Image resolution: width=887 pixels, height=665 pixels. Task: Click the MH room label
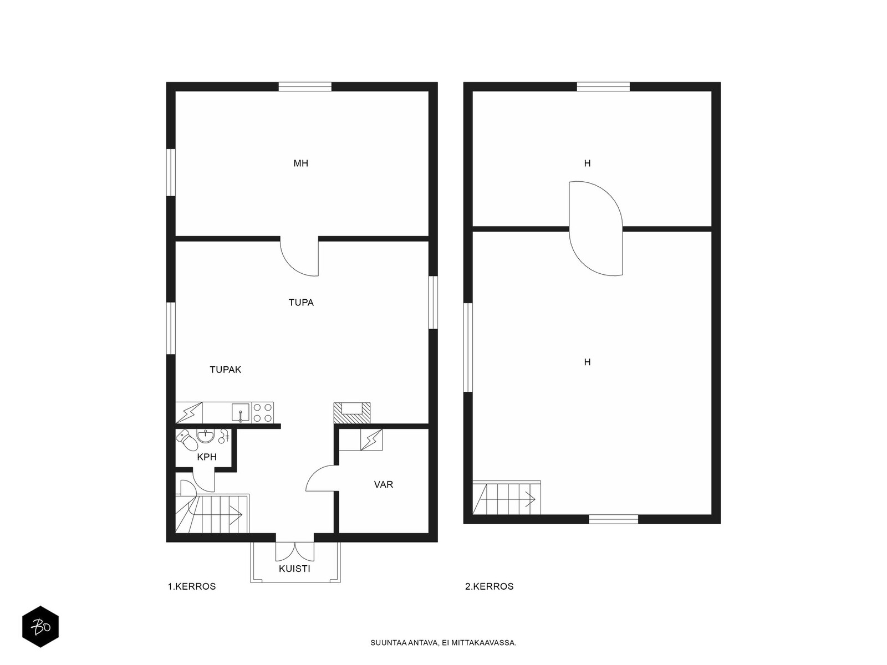pyautogui.click(x=300, y=163)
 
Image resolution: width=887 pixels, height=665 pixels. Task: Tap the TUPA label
pyautogui.click(x=301, y=303)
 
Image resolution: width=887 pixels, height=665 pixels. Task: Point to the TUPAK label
pyautogui.click(x=226, y=370)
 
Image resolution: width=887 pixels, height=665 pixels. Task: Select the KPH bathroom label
pyautogui.click(x=207, y=457)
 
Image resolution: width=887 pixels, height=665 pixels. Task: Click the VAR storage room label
pyautogui.click(x=384, y=484)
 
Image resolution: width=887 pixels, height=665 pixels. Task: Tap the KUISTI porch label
pyautogui.click(x=294, y=569)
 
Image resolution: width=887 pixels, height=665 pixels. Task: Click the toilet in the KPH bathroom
pyautogui.click(x=187, y=439)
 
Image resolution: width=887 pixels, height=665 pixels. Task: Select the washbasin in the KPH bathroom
pyautogui.click(x=206, y=436)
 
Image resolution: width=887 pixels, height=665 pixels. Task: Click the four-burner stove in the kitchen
pyautogui.click(x=262, y=413)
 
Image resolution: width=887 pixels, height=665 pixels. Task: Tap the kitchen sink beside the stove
pyautogui.click(x=241, y=413)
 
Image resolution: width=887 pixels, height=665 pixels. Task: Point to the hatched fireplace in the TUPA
pyautogui.click(x=352, y=413)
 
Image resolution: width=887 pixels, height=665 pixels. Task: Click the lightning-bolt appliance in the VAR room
pyautogui.click(x=371, y=439)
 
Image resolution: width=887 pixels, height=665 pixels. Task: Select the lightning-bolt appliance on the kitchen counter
pyautogui.click(x=188, y=413)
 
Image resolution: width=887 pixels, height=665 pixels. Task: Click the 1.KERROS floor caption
pyautogui.click(x=192, y=586)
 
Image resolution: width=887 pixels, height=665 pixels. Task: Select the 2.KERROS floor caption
pyautogui.click(x=490, y=586)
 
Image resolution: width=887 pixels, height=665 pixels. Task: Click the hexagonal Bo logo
pyautogui.click(x=40, y=627)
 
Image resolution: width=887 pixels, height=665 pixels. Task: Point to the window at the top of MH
pyautogui.click(x=305, y=86)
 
